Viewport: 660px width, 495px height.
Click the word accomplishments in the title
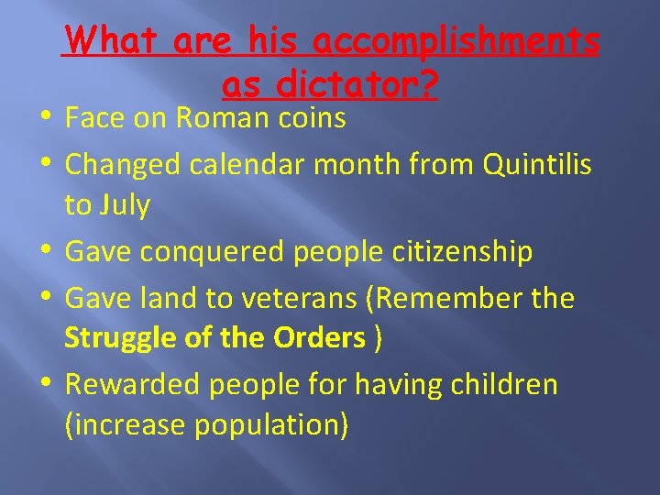click(x=456, y=41)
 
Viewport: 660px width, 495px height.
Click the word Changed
click(x=123, y=164)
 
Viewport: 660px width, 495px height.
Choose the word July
click(x=126, y=206)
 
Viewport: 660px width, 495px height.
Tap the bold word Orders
click(x=320, y=338)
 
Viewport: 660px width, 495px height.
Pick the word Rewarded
click(x=132, y=384)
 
